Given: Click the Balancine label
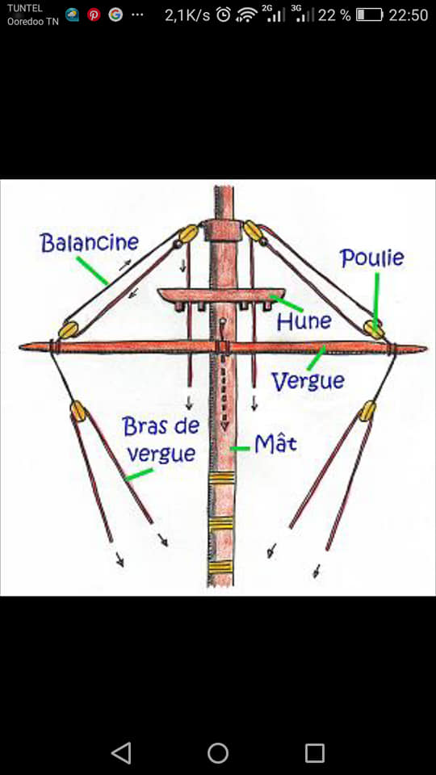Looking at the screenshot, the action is pyautogui.click(x=90, y=243).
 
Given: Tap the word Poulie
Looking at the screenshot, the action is pyautogui.click(x=372, y=258).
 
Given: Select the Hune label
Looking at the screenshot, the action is pyautogui.click(x=304, y=322).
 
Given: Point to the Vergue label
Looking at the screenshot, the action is pyautogui.click(x=308, y=381).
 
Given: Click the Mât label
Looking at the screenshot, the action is pyautogui.click(x=276, y=444).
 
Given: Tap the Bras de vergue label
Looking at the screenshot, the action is pyautogui.click(x=160, y=439).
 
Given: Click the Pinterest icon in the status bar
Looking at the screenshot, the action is pyautogui.click(x=94, y=15).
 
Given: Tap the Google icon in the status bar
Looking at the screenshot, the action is pyautogui.click(x=115, y=15).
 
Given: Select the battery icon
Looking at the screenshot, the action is pyautogui.click(x=369, y=15).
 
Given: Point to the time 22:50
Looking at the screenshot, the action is pyautogui.click(x=409, y=15).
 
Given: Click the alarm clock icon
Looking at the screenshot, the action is pyautogui.click(x=224, y=15).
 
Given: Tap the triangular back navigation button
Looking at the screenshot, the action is pyautogui.click(x=121, y=753).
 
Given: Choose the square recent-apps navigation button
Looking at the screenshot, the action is pyautogui.click(x=315, y=753).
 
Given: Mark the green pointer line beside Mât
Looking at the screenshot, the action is pyautogui.click(x=241, y=449).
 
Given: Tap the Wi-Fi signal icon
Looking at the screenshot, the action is pyautogui.click(x=245, y=15).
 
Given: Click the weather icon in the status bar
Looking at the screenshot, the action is pyautogui.click(x=72, y=15).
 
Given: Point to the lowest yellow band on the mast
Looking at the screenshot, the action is pyautogui.click(x=220, y=567).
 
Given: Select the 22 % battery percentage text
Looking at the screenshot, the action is pyautogui.click(x=334, y=15).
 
